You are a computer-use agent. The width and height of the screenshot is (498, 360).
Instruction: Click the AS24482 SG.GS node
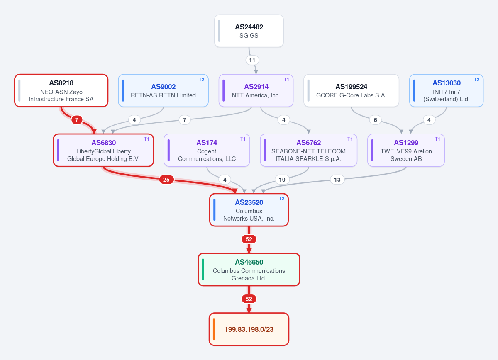point(249,31)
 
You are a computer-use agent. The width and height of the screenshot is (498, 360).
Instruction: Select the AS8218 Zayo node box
point(61,90)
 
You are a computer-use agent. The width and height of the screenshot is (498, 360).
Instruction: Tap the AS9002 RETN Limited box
point(163,90)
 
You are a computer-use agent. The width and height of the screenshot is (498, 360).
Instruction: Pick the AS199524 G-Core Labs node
point(351,90)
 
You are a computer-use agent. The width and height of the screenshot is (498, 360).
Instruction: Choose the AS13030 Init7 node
point(446,90)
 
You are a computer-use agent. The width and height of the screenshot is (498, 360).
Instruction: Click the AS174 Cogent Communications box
point(207,150)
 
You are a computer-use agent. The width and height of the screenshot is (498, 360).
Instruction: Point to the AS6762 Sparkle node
point(309,150)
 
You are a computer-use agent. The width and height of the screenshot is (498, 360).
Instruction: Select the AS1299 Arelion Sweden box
point(406,150)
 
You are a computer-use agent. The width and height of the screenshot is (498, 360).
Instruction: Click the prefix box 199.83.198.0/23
point(249,329)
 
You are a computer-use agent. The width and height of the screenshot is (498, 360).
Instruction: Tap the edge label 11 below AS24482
point(252,60)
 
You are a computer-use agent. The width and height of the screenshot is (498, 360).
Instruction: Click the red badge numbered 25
point(166,180)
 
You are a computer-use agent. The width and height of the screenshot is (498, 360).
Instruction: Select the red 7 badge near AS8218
point(77,120)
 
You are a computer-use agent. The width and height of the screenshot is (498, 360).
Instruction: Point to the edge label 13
point(337,180)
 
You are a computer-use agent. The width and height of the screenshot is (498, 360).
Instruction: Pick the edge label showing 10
point(282,180)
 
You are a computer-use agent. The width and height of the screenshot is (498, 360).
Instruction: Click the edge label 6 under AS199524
point(375,120)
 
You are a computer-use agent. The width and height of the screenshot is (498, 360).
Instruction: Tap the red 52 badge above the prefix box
point(249,299)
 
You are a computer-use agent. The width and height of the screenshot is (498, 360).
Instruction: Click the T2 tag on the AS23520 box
point(281,199)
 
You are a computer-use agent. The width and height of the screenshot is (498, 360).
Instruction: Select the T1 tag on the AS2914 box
point(286,80)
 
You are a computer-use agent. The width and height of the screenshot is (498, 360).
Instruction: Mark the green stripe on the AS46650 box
point(203,270)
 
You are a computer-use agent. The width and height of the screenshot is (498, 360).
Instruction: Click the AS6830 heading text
point(104,142)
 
